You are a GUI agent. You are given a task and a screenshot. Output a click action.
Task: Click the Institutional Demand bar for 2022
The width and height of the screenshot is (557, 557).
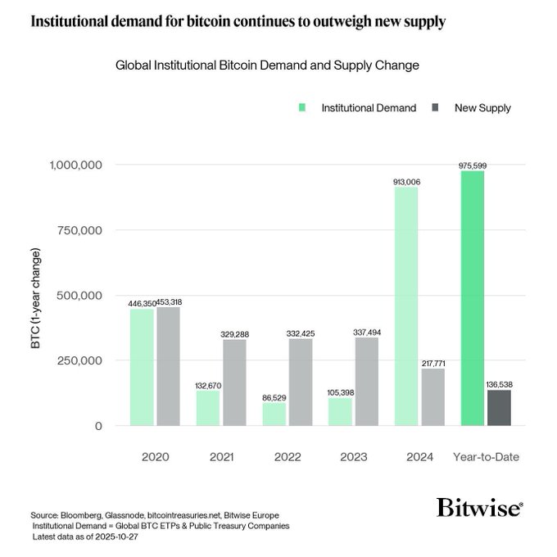click(274, 414)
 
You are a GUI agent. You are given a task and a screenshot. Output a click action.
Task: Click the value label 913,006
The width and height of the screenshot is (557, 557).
click(406, 182)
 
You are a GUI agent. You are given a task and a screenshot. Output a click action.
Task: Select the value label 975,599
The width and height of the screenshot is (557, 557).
click(473, 165)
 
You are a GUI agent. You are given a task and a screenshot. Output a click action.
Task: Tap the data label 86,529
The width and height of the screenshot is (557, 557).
click(274, 396)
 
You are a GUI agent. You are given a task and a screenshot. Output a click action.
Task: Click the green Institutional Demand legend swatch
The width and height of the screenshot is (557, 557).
click(302, 107)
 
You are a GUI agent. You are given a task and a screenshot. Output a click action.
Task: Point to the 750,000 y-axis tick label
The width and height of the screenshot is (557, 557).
click(75, 230)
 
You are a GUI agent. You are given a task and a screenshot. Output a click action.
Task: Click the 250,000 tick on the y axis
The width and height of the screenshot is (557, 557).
click(75, 360)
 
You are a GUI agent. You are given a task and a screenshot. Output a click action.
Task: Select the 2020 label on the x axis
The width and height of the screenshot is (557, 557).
click(155, 455)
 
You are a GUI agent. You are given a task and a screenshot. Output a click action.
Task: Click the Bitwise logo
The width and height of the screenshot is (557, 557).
click(479, 507)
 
